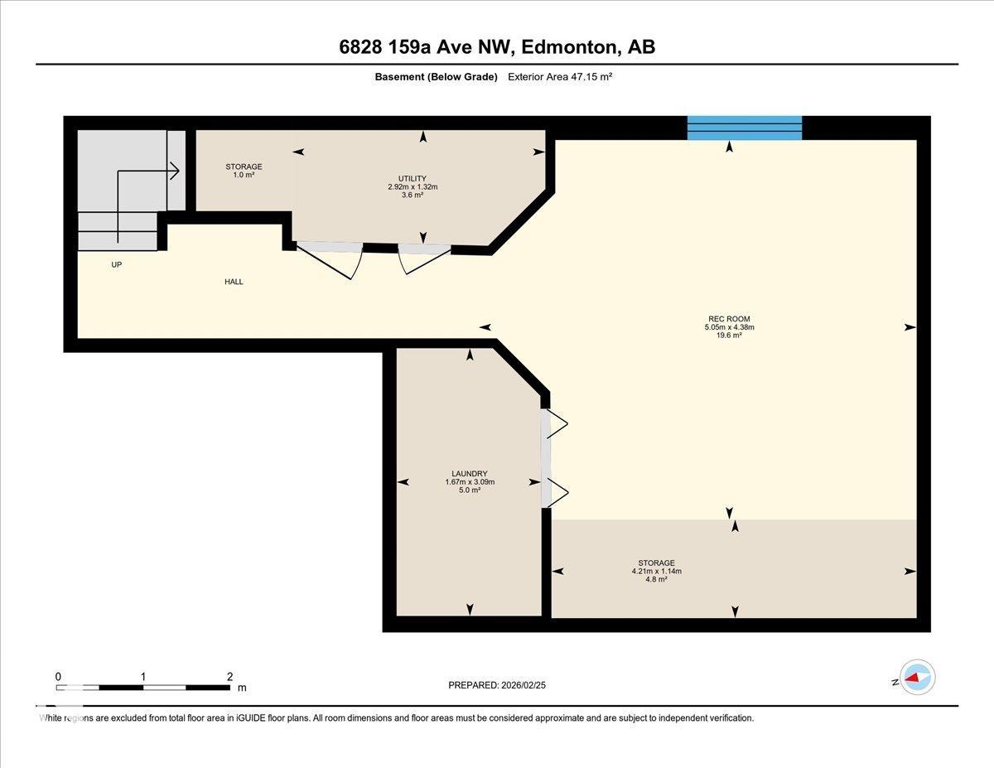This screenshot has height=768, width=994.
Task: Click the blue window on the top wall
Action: (x=744, y=128)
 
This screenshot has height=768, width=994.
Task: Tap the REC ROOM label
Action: (x=729, y=319)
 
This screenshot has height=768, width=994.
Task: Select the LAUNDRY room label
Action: (x=470, y=474)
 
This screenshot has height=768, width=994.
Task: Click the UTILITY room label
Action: (x=413, y=178)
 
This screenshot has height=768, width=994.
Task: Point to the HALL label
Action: (x=234, y=282)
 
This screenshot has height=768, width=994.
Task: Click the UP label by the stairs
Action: (x=117, y=264)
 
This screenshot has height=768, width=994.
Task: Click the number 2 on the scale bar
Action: (x=229, y=677)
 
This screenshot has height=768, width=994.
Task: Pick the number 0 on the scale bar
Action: (x=58, y=677)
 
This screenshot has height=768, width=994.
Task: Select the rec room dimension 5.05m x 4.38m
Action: (x=729, y=327)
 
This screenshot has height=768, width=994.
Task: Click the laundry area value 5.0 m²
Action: (x=470, y=490)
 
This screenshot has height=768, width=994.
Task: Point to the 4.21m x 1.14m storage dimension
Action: (x=656, y=571)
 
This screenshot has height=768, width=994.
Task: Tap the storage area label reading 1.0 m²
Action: (x=244, y=174)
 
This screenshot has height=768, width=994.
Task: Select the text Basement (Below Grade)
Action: (x=436, y=77)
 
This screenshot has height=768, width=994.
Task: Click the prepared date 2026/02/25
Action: (x=524, y=685)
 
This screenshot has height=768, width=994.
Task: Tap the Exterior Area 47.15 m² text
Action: (x=560, y=77)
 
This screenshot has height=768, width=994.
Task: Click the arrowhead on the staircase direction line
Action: (x=176, y=171)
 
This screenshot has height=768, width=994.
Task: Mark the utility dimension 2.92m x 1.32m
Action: (x=413, y=186)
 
